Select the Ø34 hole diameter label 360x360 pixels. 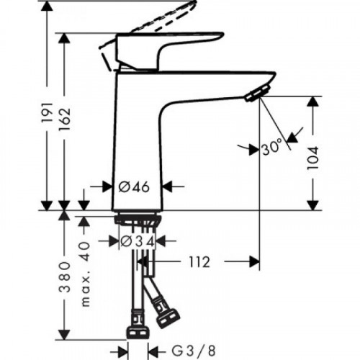135,240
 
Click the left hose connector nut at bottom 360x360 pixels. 136,331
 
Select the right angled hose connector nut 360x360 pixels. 169,315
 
